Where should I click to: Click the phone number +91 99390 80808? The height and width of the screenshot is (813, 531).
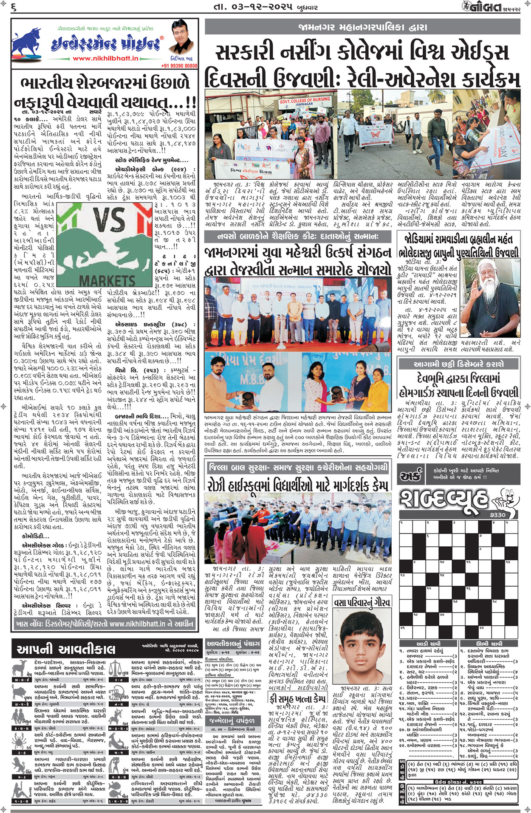[179, 66]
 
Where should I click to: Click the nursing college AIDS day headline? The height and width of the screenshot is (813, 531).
[362, 66]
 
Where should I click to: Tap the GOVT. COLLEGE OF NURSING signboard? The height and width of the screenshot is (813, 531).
[304, 102]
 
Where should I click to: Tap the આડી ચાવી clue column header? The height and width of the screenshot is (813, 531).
[428, 643]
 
